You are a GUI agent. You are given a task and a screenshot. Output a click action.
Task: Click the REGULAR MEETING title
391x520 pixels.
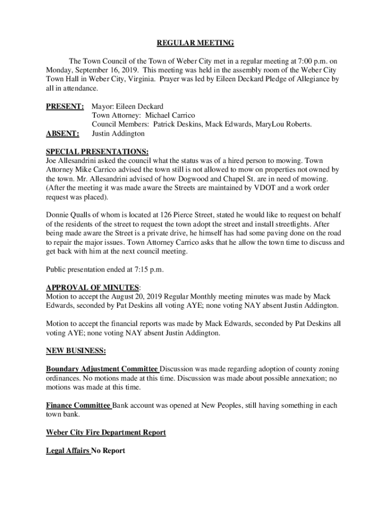(x=195, y=43)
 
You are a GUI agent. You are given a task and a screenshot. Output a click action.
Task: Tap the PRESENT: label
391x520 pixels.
(x=64, y=107)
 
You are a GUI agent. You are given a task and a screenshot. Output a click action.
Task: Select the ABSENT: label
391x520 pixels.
(x=62, y=134)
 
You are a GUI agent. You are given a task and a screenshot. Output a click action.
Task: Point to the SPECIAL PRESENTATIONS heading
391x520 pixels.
(x=97, y=152)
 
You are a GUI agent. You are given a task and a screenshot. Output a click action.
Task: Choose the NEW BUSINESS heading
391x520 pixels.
(x=76, y=351)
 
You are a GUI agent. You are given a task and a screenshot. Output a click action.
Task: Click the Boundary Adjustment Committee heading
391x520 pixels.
(x=102, y=369)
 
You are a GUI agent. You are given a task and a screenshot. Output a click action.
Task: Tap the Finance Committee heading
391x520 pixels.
(x=78, y=405)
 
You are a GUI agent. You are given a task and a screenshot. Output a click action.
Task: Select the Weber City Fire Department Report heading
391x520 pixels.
(x=106, y=433)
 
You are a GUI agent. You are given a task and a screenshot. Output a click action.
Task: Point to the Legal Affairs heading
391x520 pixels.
(x=68, y=451)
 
